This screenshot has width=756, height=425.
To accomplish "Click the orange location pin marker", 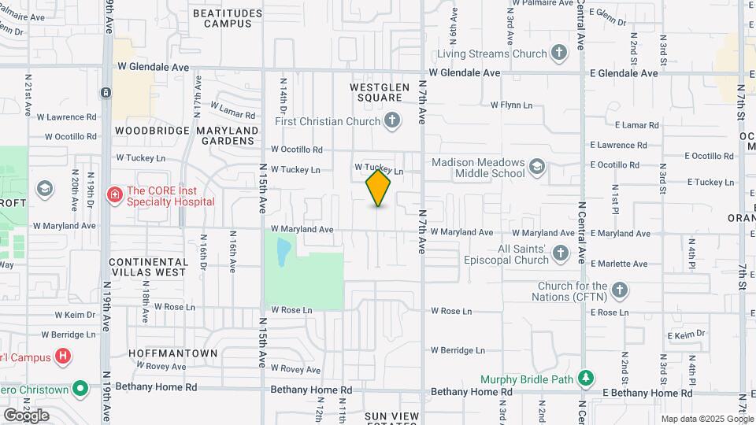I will point(378,187).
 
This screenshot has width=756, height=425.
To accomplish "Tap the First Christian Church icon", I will point(392,121).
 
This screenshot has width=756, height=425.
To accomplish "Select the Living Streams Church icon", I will point(558,54).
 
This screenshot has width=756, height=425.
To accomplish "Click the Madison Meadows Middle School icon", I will point(536,166).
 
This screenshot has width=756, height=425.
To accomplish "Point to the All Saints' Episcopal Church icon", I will point(560,253).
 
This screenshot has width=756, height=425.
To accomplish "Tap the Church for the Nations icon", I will point(619,290).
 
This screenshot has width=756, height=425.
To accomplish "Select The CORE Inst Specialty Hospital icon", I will point(115,194).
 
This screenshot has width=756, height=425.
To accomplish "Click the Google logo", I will point(25,416).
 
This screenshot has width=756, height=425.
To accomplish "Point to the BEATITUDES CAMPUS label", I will point(228,18).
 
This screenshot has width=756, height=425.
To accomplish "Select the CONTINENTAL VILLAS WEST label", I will point(148,267).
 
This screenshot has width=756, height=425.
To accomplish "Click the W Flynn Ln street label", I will point(511,105).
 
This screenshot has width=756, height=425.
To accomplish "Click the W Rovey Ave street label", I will point(296,369).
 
